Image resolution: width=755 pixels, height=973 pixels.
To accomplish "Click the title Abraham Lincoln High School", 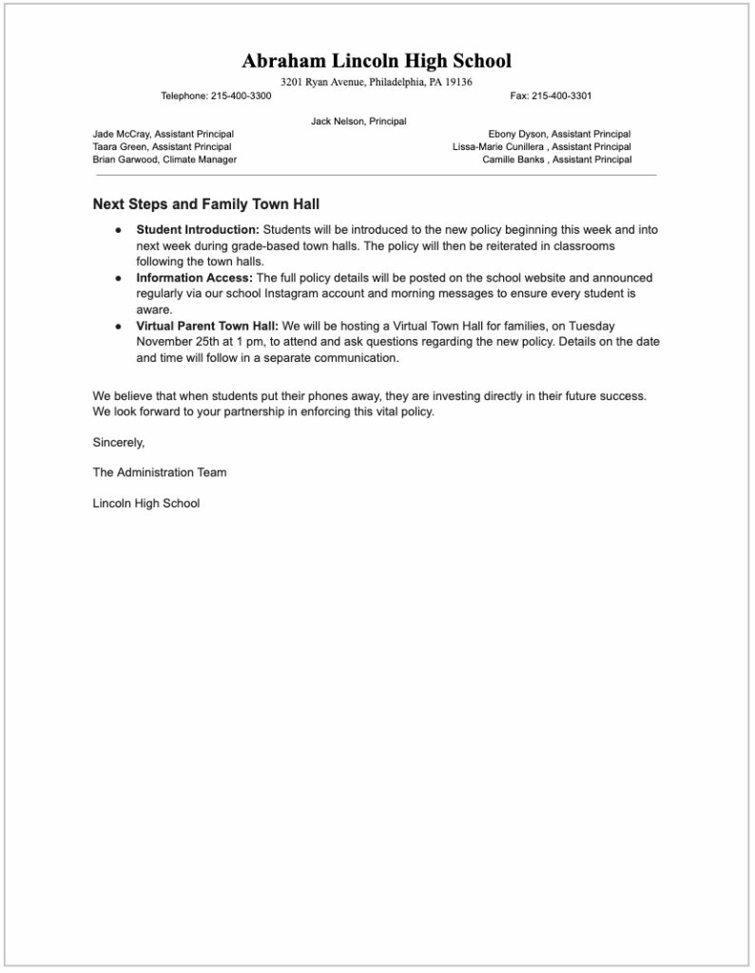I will click(377, 62).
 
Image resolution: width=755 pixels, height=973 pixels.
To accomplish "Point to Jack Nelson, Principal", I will click(358, 122).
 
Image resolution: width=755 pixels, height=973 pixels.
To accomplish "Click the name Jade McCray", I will click(121, 135).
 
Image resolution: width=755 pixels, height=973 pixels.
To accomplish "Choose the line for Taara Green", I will click(162, 147).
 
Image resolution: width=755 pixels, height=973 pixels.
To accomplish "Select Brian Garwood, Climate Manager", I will click(165, 160).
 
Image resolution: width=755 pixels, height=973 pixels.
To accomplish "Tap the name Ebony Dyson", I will click(517, 135).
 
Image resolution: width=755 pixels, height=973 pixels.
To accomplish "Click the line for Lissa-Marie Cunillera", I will click(541, 147).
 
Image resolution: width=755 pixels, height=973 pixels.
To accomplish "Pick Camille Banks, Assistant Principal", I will click(556, 160).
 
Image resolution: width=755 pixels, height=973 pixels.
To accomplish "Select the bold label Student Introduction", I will click(198, 230).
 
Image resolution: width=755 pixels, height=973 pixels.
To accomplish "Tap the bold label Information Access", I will click(194, 278).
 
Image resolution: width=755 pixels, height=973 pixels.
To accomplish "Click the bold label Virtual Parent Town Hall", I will click(207, 327).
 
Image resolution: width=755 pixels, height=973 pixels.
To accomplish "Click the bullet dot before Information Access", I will click(118, 278).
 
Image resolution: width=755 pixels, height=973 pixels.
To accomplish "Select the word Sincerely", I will click(119, 442).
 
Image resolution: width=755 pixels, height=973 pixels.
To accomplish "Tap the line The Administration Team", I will click(160, 472).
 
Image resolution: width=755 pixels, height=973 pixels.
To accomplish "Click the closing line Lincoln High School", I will click(146, 504).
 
